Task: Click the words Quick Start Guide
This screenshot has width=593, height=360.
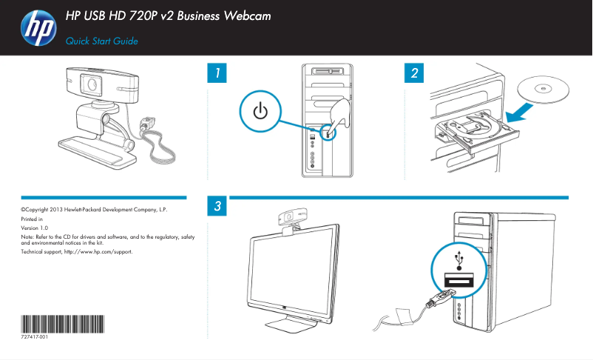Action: tap(102, 41)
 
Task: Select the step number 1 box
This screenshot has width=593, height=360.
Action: tap(216, 73)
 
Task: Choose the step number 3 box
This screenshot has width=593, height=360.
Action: tap(216, 207)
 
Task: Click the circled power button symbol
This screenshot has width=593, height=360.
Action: tap(260, 112)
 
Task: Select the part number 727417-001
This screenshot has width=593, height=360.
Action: tap(35, 337)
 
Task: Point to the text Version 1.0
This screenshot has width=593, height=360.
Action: tap(34, 228)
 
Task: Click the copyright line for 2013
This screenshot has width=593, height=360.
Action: tap(94, 210)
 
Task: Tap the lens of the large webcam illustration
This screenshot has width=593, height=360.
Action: tap(92, 85)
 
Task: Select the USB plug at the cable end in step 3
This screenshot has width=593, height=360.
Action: tap(438, 299)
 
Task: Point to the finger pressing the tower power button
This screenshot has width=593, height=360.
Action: tap(340, 115)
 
